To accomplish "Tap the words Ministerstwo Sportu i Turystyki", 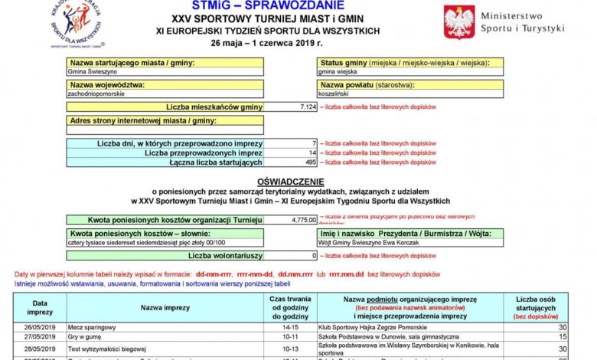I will [x=522, y=21].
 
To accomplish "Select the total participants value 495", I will [x=310, y=162].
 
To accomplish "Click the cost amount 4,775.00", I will [x=303, y=219].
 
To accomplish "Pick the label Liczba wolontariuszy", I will [x=225, y=255].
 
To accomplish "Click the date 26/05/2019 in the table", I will [x=40, y=326].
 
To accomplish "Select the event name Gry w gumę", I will [x=84, y=336].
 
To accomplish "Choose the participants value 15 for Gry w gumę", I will [x=563, y=336].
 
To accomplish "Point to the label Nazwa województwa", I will [x=107, y=84].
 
